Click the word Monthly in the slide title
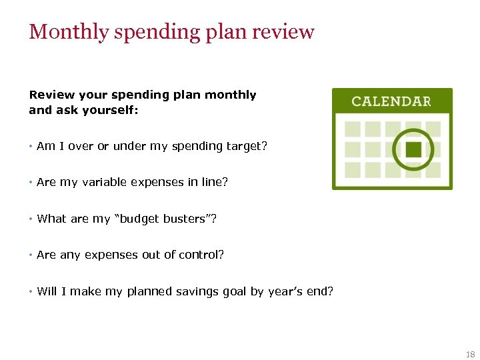tap(67, 32)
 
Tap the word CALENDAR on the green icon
tap(391, 101)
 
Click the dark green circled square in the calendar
tap(413, 149)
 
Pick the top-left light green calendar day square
tap(352, 129)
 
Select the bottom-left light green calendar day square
tap(352, 169)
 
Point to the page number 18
tap(471, 355)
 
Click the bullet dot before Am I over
tap(31, 146)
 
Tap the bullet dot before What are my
tap(31, 219)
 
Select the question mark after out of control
tap(221, 255)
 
